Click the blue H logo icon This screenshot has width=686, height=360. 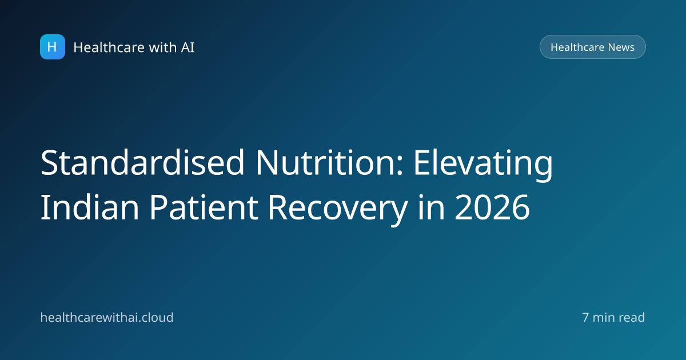[53, 47]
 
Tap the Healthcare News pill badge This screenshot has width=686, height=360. [593, 47]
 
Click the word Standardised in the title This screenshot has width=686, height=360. [142, 162]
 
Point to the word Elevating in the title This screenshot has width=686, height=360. [483, 164]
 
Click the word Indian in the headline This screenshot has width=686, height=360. [90, 207]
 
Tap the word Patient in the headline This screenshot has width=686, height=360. [204, 207]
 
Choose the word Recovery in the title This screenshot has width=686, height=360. [338, 209]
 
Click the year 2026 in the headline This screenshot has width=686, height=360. [492, 208]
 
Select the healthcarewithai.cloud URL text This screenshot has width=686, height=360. [107, 318]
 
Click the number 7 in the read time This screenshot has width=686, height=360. [585, 318]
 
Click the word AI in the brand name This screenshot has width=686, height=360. [188, 47]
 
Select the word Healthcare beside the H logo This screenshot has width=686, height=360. [109, 47]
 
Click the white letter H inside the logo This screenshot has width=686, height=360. [52, 47]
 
